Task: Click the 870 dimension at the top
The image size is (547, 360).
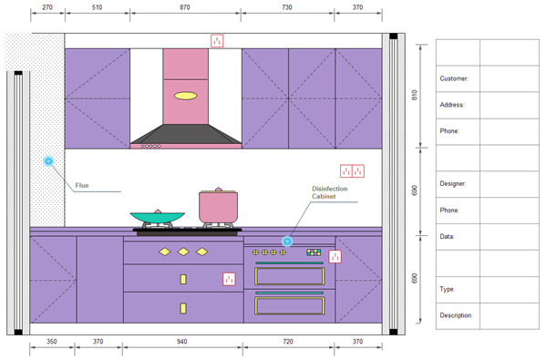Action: pos(185,7)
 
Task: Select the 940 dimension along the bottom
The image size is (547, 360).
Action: pos(181,342)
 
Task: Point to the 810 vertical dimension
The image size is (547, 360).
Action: pos(415,95)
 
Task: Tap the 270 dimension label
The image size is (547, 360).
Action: pos(47,7)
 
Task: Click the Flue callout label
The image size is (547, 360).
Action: pos(82,186)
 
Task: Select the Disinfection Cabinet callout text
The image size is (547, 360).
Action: pos(330,192)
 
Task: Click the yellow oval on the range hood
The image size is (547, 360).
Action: pos(186,96)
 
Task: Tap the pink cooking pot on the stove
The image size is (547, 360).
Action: pos(219,206)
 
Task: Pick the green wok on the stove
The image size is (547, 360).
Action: pos(158,217)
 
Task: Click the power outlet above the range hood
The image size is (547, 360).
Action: pos(217,41)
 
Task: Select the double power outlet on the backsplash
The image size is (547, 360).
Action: pos(352,171)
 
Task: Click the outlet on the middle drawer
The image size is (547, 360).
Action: pos(229,279)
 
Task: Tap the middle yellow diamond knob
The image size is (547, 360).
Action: pos(183,252)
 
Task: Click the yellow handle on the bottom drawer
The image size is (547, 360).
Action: pos(183,308)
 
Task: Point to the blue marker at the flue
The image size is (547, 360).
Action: pos(48,160)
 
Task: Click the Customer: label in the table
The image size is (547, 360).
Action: pos(454,78)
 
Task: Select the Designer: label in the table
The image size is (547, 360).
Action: pos(453,183)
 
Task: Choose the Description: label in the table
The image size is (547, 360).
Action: pos(456,315)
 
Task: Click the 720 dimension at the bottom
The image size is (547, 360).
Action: pos(288,342)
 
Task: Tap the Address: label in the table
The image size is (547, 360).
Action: pos(452,105)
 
